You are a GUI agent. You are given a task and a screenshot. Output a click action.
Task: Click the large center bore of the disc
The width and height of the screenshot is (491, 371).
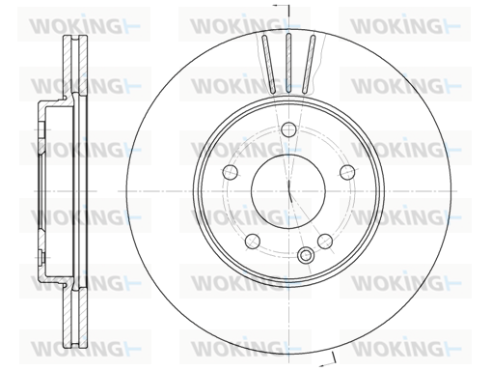pos(288,191)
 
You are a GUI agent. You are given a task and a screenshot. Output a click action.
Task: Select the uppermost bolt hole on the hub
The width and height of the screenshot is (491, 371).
pos(288,129)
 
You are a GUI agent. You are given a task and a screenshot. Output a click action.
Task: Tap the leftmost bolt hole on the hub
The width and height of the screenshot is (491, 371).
pos(231,172)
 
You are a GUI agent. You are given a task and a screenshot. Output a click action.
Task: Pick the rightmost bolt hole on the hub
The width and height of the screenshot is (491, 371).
pos(347,172)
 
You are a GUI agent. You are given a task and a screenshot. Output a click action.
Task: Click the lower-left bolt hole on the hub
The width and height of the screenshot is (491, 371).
pos(253,241)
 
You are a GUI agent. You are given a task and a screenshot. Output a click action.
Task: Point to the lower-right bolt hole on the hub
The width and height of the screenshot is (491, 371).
pos(325,241)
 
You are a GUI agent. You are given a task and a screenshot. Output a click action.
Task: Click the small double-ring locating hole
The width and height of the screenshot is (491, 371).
pos(305,255)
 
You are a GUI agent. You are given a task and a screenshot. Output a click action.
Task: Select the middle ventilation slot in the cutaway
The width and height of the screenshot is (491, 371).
pos(288,63)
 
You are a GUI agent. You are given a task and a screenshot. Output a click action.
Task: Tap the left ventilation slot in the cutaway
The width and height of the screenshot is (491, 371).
pos(268,64)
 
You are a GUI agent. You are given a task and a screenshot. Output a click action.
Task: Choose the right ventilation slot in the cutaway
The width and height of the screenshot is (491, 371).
pos(309,64)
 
